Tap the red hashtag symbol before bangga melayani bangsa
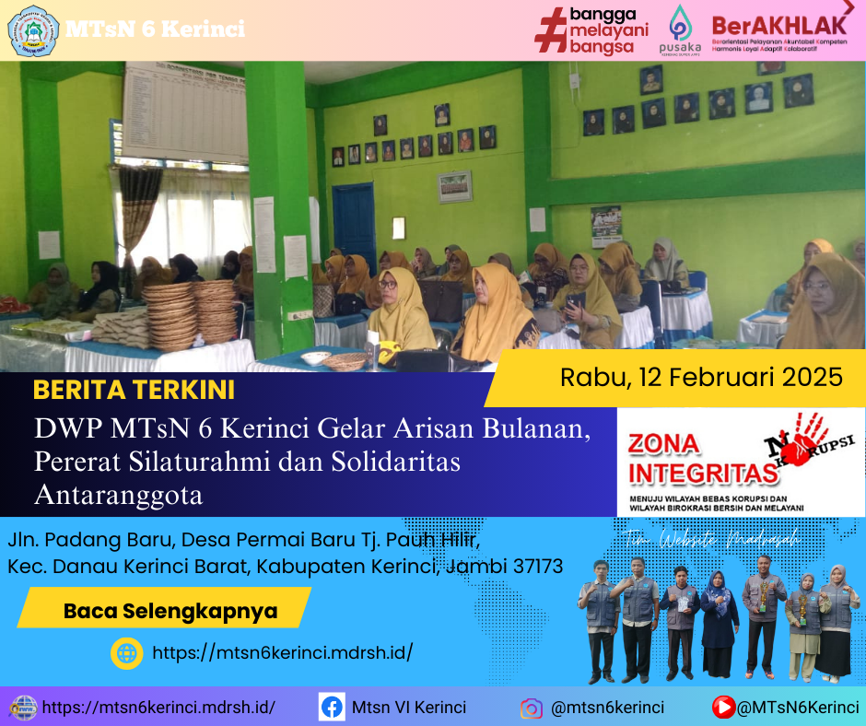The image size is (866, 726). (x=550, y=30)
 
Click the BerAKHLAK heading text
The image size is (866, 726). (x=779, y=23)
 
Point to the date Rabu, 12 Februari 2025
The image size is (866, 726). (x=701, y=377)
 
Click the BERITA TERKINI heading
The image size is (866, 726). (x=134, y=390)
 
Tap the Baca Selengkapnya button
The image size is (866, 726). (x=170, y=610)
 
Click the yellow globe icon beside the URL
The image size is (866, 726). (x=126, y=653)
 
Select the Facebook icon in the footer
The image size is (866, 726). (x=332, y=708)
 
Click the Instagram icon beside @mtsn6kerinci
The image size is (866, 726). (x=531, y=708)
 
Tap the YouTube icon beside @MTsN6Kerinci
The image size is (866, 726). (x=723, y=708)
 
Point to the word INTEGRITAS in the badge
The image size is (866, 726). (x=700, y=474)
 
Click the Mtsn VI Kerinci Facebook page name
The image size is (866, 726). (x=409, y=708)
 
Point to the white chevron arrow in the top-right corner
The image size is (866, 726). (x=848, y=7)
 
